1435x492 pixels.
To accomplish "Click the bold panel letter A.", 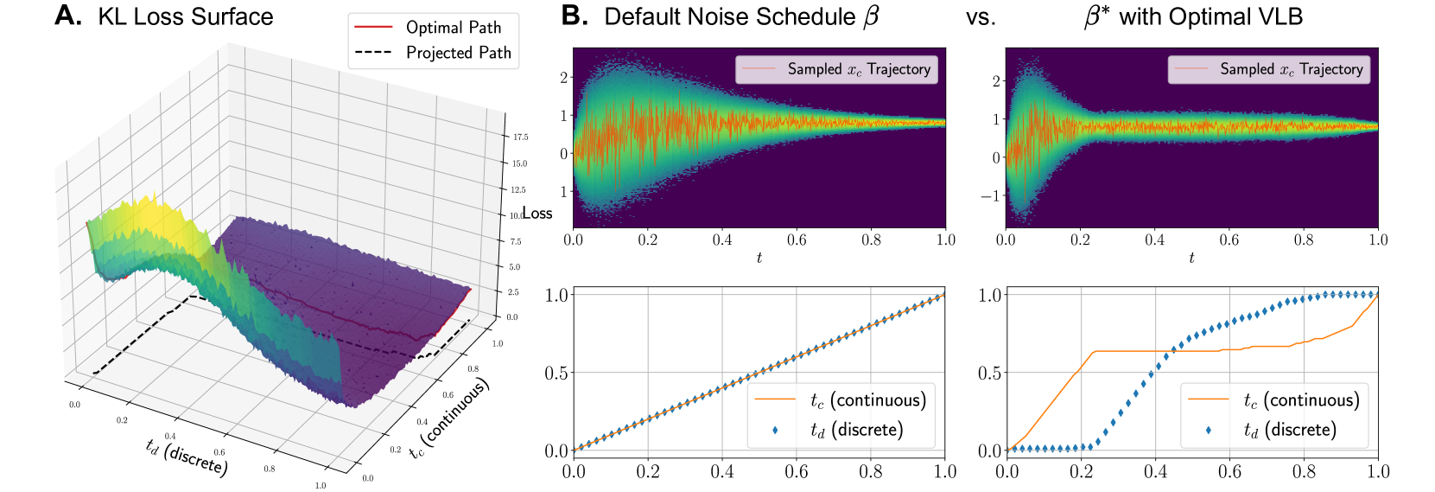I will coord(67,16).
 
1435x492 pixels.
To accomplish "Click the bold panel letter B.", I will coord(575,16).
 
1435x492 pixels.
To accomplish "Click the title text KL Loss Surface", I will coord(186,16).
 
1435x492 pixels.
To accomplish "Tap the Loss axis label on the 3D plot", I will coord(537,214).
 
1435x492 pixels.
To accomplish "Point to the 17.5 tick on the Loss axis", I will coord(520,137).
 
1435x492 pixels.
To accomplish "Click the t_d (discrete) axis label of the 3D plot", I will coord(187,457).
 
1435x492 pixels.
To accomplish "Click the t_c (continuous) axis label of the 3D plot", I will coord(449,419).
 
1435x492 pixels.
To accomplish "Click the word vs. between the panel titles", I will coord(981,17).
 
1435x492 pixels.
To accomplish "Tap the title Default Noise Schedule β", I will coord(741,17).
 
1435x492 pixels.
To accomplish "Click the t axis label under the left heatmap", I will coord(759,258).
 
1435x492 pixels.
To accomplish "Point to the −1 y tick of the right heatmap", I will coord(989,195).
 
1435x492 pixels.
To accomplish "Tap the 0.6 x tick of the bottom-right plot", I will coord(1229,471).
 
